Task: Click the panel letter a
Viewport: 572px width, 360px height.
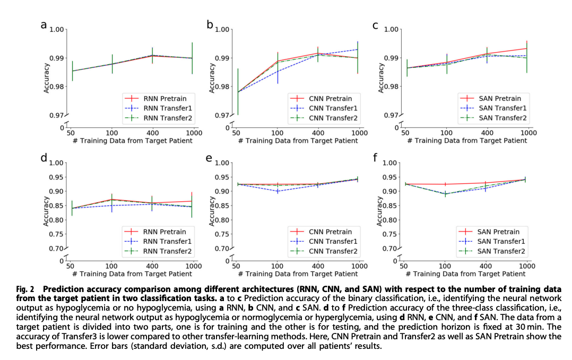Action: coord(44,24)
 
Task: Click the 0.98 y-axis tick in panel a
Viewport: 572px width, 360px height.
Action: coord(56,87)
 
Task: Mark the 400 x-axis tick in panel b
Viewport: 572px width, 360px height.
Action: coord(318,132)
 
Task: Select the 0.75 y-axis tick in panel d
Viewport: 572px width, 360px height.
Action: coord(56,234)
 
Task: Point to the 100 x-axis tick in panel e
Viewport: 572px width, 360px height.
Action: coord(277,265)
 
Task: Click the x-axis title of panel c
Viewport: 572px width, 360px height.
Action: coord(467,141)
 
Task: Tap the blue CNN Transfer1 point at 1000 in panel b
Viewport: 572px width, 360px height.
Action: coord(358,49)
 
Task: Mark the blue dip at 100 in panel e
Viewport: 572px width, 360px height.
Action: coord(277,191)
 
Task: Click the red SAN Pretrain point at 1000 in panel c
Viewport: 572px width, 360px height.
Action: coord(527,48)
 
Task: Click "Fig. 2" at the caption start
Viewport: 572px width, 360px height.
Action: coord(25,289)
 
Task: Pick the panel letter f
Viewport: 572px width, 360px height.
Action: coord(376,159)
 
